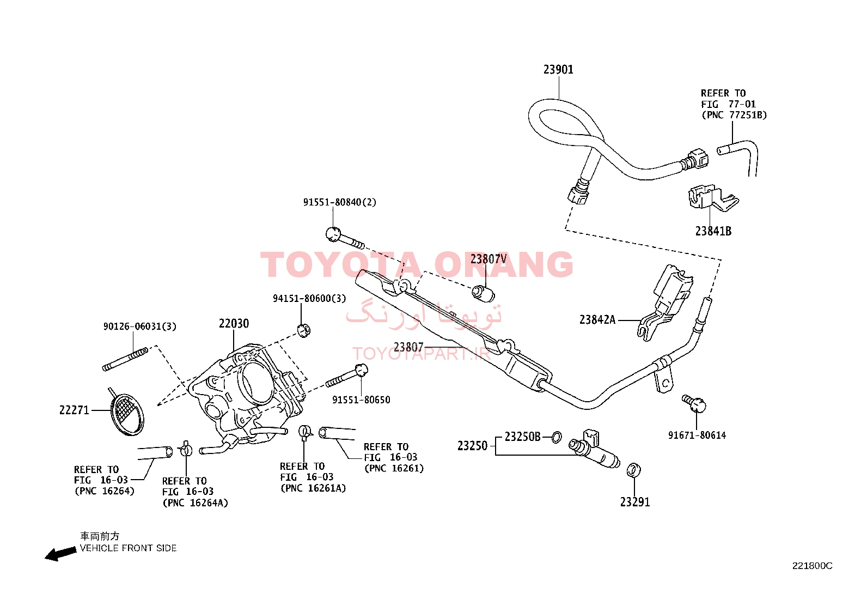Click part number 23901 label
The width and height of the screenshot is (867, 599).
click(x=558, y=69)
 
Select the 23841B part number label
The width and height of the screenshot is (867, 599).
click(x=713, y=231)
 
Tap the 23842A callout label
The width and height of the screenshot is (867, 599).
click(x=597, y=319)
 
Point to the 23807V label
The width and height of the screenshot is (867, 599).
click(x=489, y=259)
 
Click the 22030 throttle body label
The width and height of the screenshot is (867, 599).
click(x=234, y=323)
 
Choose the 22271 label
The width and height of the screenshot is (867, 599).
click(x=74, y=410)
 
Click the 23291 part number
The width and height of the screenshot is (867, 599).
click(x=635, y=502)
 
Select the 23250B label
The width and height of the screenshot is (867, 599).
click(x=522, y=437)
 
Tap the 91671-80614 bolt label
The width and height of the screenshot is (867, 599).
click(x=697, y=435)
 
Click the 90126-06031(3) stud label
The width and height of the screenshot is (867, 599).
click(x=140, y=326)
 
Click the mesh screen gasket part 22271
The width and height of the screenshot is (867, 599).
click(x=126, y=413)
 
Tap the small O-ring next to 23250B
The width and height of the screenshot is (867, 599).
click(x=556, y=437)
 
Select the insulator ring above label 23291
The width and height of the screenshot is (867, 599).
click(x=633, y=470)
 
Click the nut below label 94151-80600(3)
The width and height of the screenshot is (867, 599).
click(x=304, y=331)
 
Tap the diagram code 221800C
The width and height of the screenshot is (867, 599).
click(x=812, y=566)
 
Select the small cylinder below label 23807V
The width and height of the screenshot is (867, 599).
click(x=483, y=293)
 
